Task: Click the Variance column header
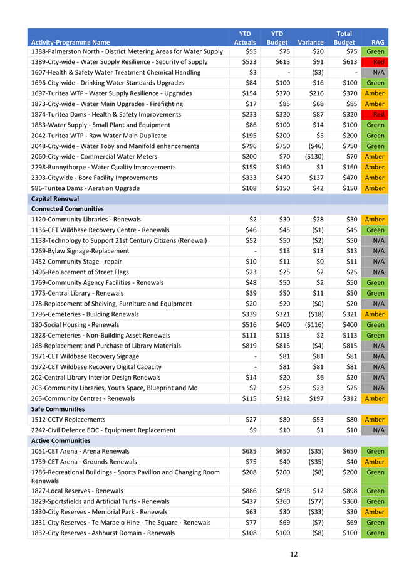(311, 42)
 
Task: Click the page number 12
(293, 554)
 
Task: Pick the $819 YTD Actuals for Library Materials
(249, 346)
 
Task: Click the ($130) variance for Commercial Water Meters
(313, 156)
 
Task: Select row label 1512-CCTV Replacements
(68, 419)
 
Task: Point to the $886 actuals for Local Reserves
(249, 491)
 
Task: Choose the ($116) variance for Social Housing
(313, 324)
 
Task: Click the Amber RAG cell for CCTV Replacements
(375, 419)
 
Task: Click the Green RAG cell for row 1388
(375, 51)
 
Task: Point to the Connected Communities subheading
(68, 209)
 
